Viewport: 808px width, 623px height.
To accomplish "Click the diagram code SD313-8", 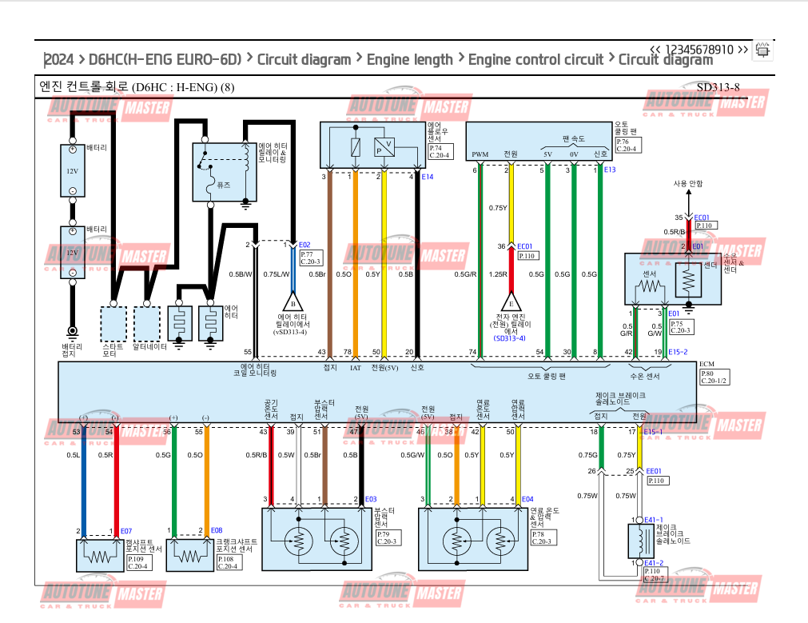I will pos(718,87).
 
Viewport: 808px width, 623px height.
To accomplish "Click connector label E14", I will pos(428,177).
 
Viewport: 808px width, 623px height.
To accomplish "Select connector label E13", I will pos(610,170).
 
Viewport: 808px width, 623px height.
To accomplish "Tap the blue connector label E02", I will pos(304,245).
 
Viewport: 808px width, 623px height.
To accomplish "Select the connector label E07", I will pos(126,531).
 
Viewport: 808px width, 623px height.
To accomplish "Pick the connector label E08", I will pos(217,531).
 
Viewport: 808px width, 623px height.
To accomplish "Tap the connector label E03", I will pos(371,500).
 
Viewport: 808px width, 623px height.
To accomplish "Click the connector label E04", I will pos(527,500).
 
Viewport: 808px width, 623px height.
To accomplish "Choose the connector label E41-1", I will pos(654,520).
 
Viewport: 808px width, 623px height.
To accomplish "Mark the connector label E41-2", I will pos(654,563).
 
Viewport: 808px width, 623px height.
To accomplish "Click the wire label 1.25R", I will pos(499,274).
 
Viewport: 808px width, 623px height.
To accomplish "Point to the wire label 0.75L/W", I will pos(277,274).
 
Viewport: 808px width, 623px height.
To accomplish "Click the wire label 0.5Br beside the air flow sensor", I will pos(317,274).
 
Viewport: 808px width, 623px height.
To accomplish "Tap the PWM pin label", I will pos(480,154).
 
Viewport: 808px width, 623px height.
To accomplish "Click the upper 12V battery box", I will pos(72,171).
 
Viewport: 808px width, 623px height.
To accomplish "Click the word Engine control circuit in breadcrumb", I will pos(535,59).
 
